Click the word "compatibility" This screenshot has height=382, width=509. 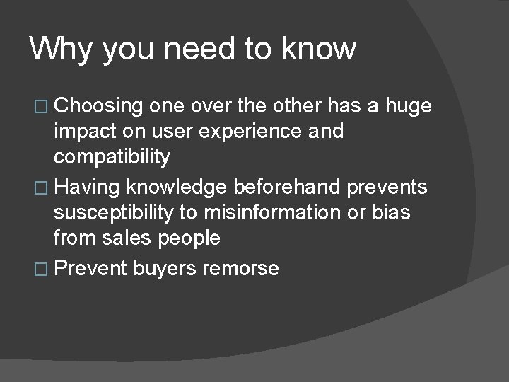112,156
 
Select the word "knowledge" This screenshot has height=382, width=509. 175,187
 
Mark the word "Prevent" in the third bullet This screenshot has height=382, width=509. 90,268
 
